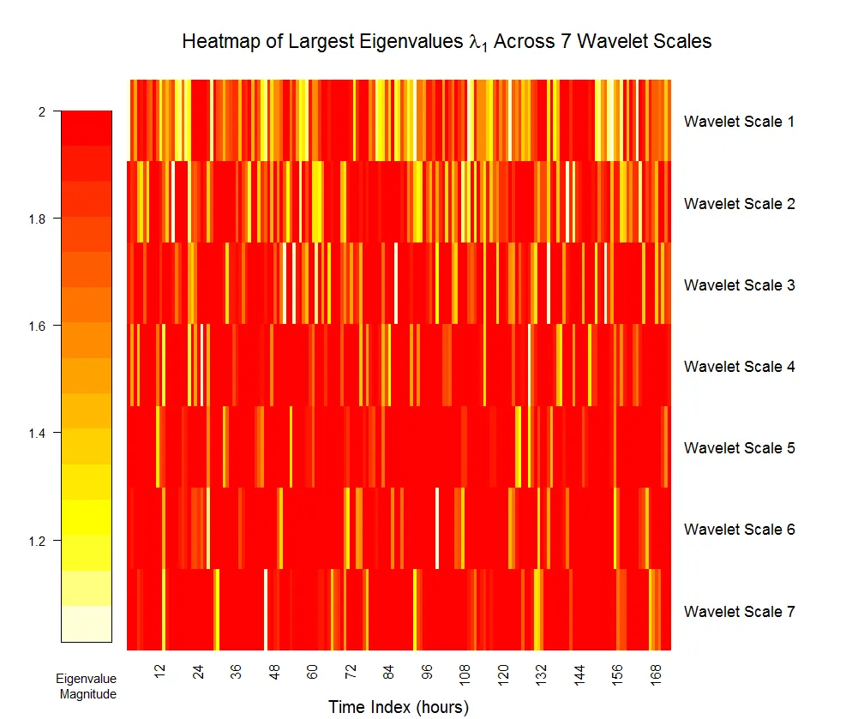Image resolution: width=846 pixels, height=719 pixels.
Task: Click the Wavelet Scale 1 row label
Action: pos(739,122)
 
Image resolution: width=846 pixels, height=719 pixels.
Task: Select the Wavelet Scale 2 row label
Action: pos(739,204)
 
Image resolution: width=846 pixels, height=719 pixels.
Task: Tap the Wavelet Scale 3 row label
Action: pos(739,285)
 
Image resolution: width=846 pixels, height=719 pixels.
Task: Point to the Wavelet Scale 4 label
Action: pos(739,367)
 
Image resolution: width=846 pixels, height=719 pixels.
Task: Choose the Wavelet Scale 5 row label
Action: pos(739,448)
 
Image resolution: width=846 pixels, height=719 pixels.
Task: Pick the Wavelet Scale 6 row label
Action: pos(739,530)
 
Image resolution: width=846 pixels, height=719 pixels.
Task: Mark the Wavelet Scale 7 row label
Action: pos(739,612)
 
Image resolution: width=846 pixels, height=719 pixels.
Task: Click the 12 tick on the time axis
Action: pos(160,671)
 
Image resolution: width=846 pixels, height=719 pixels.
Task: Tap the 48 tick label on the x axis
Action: pos(274,671)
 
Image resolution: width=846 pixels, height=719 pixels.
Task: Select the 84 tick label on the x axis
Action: pos(388,671)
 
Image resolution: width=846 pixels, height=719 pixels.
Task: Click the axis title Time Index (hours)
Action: pos(399,707)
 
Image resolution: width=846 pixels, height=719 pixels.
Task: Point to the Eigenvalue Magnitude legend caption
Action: pos(87,686)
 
